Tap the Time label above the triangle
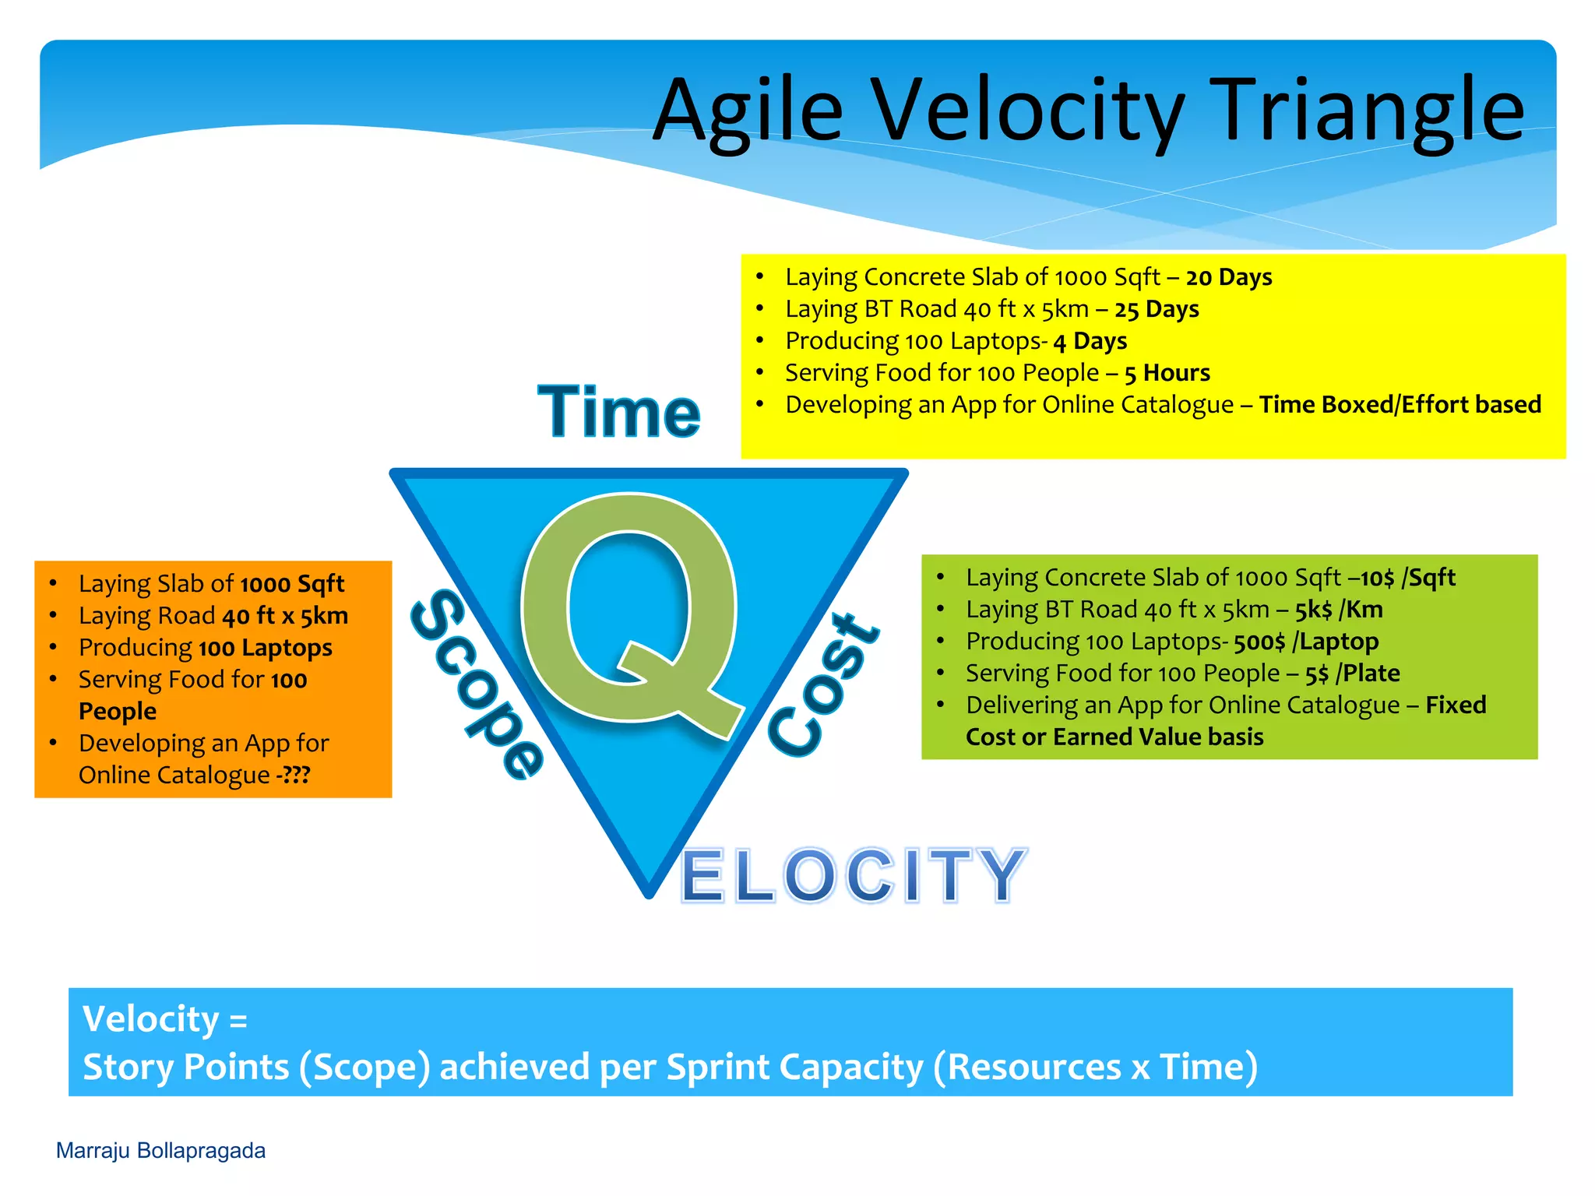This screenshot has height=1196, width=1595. click(619, 412)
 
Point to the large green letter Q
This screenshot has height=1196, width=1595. click(629, 611)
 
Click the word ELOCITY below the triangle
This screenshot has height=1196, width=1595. click(854, 875)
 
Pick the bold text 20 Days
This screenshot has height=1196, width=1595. click(1229, 277)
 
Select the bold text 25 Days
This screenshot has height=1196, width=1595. click(1157, 309)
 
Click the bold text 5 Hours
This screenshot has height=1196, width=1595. click(1167, 373)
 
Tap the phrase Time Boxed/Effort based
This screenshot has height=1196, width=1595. click(1400, 405)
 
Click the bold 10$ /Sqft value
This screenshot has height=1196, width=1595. click(1408, 578)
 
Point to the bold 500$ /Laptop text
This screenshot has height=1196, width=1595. click(1306, 642)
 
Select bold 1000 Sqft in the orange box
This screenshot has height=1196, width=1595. click(292, 584)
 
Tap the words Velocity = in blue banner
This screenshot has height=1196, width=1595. click(165, 1019)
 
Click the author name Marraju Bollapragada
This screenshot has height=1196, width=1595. click(160, 1151)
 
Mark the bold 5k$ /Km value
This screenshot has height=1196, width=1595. click(1339, 610)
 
